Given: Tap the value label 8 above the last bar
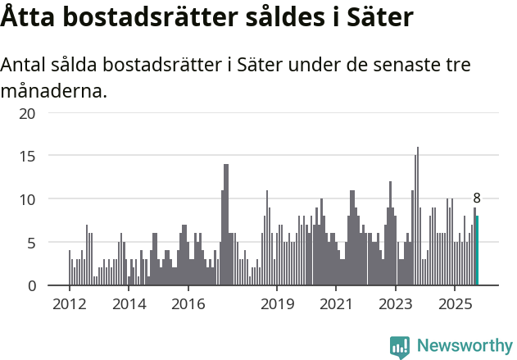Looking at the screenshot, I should click(477, 198).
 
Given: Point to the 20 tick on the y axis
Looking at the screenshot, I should click(27, 113).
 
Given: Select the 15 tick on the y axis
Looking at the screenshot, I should click(27, 156).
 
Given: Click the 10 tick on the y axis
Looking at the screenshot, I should click(27, 199).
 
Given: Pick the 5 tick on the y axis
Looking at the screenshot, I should click(30, 243).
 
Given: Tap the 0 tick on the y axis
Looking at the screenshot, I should click(30, 286).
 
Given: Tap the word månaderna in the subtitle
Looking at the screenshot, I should click(54, 90).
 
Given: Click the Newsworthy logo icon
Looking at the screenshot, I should click(400, 347).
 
